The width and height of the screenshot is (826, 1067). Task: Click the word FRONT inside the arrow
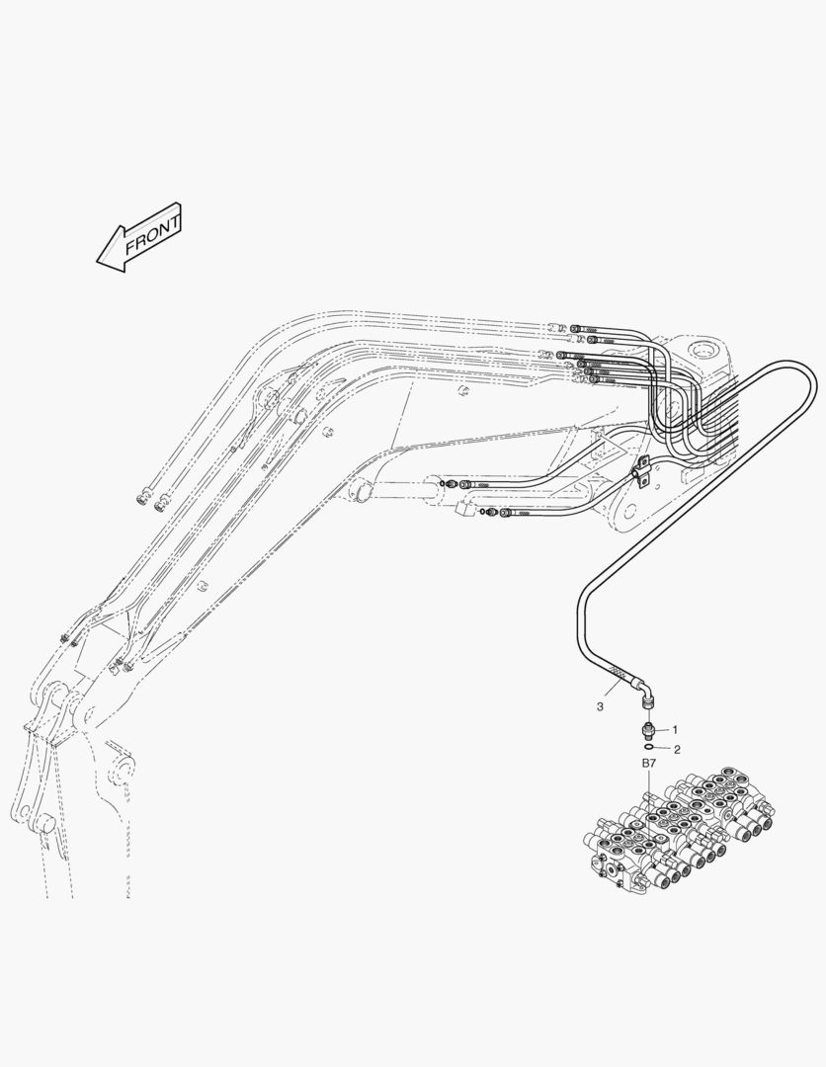coord(151,233)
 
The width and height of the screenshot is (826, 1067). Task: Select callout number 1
coord(675,729)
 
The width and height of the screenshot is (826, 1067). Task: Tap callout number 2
coord(676,750)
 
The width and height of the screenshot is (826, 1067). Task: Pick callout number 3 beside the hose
coord(600,706)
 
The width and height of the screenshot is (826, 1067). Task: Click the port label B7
coord(648,764)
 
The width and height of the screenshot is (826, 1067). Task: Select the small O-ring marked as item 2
coord(648,750)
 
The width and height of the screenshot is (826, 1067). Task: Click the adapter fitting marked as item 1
coord(647,730)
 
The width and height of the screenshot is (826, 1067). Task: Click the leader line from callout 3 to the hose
coord(616,694)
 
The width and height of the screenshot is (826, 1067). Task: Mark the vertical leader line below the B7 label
coord(648,784)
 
